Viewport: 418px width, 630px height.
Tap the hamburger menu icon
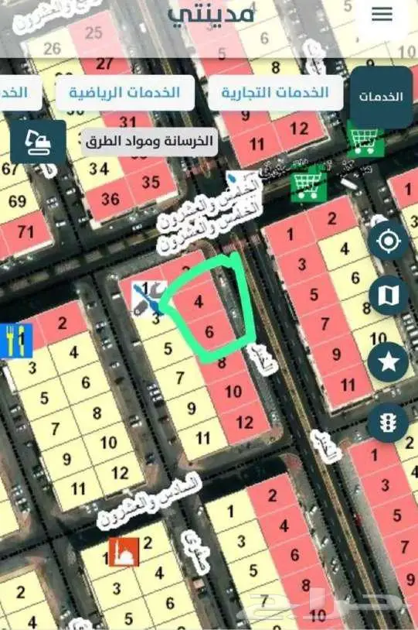pyautogui.click(x=382, y=15)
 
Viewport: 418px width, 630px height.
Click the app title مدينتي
pyautogui.click(x=210, y=14)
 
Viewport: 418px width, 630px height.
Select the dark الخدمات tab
pyautogui.click(x=381, y=97)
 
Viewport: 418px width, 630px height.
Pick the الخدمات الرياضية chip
pyautogui.click(x=124, y=93)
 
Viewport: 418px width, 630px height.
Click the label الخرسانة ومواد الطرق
pyautogui.click(x=149, y=142)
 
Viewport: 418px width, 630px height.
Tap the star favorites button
pyautogui.click(x=387, y=361)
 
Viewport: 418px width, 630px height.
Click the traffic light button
pyautogui.click(x=387, y=423)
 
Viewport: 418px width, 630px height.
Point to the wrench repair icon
pyautogui.click(x=148, y=298)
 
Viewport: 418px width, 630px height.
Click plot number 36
pyautogui.click(x=110, y=199)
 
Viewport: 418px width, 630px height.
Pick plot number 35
pyautogui.click(x=151, y=183)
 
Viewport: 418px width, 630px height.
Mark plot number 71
pyautogui.click(x=25, y=231)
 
